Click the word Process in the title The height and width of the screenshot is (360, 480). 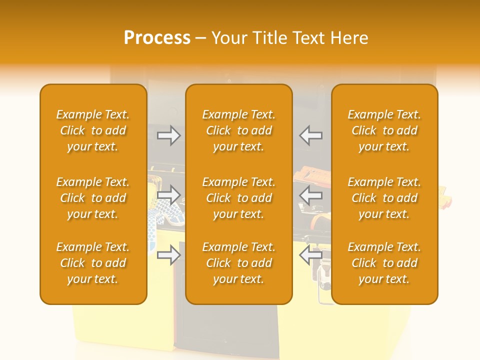click(157, 38)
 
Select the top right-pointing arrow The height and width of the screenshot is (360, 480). click(169, 135)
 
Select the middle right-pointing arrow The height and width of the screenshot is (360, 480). click(169, 195)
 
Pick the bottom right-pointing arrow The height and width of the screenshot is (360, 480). click(169, 255)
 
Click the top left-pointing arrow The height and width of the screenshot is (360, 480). click(311, 135)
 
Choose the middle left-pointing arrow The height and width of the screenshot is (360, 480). click(311, 195)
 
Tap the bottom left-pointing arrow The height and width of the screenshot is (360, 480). click(311, 255)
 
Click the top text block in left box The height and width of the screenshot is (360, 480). click(93, 130)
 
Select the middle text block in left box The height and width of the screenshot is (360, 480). click(93, 198)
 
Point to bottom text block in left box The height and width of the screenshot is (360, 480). click(93, 263)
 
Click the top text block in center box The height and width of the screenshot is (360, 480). click(239, 130)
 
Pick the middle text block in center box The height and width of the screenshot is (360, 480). click(239, 198)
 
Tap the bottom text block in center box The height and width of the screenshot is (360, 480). click(239, 263)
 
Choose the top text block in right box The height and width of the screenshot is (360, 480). click(384, 130)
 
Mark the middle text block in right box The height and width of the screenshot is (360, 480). click(384, 198)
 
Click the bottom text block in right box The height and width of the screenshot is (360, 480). click(384, 263)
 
